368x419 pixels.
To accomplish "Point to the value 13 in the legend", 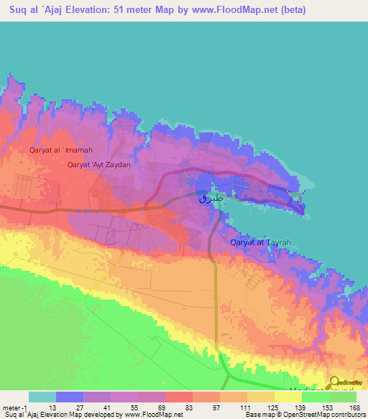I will pos(55,407).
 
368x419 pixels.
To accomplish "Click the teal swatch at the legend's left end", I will pos(42,397).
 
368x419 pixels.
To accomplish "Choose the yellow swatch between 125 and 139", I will pos(288,397).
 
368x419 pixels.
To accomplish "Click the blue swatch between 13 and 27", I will pos(70,397).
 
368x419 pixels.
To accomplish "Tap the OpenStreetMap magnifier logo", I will pos(336,383).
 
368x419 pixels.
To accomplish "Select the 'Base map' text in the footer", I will pos(258,415).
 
